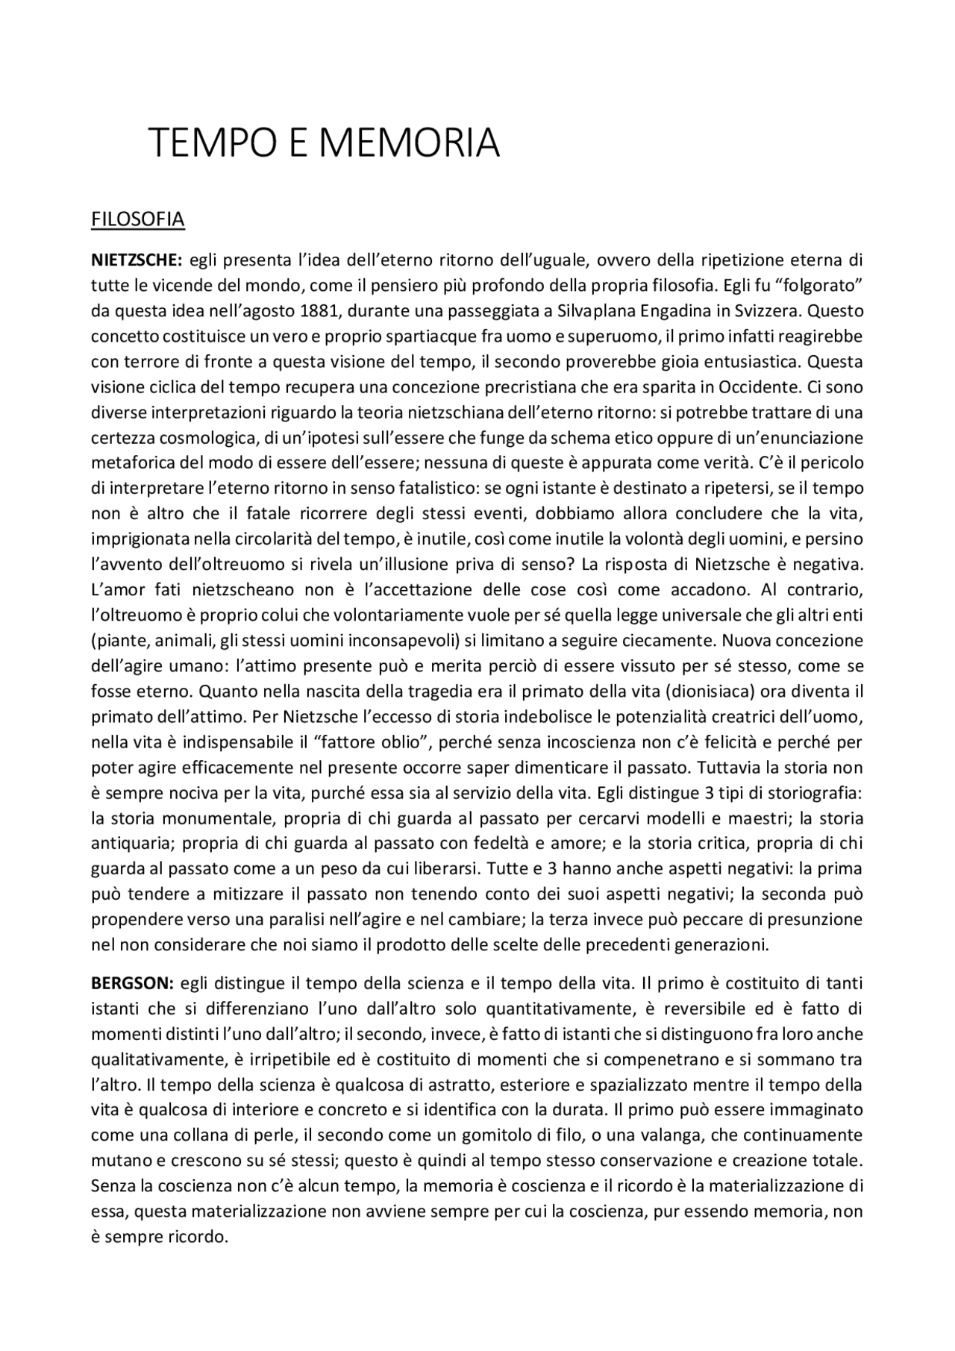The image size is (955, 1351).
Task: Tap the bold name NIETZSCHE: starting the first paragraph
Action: pos(137,260)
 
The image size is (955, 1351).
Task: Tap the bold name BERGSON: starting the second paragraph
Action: pos(132,983)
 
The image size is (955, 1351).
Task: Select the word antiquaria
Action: pos(132,843)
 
